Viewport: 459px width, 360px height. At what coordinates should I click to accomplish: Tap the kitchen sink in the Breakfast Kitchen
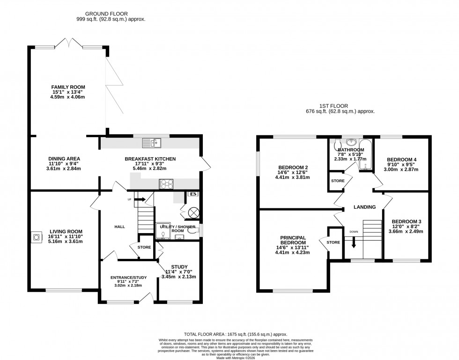coord(151,142)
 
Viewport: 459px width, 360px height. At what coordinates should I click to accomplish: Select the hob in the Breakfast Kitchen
coord(166,184)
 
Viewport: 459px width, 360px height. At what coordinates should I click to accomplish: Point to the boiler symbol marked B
coord(192,194)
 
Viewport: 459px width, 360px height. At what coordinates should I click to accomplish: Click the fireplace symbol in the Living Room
coord(36,237)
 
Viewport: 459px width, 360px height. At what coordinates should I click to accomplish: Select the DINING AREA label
coord(64,158)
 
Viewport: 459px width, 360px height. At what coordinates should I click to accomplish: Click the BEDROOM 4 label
coord(401,160)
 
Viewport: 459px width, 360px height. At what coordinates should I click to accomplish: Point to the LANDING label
coord(364,207)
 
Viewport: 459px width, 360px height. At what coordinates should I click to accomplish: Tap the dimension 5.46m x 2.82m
coord(150,169)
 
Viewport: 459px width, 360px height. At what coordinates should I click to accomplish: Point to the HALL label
coord(119,227)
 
